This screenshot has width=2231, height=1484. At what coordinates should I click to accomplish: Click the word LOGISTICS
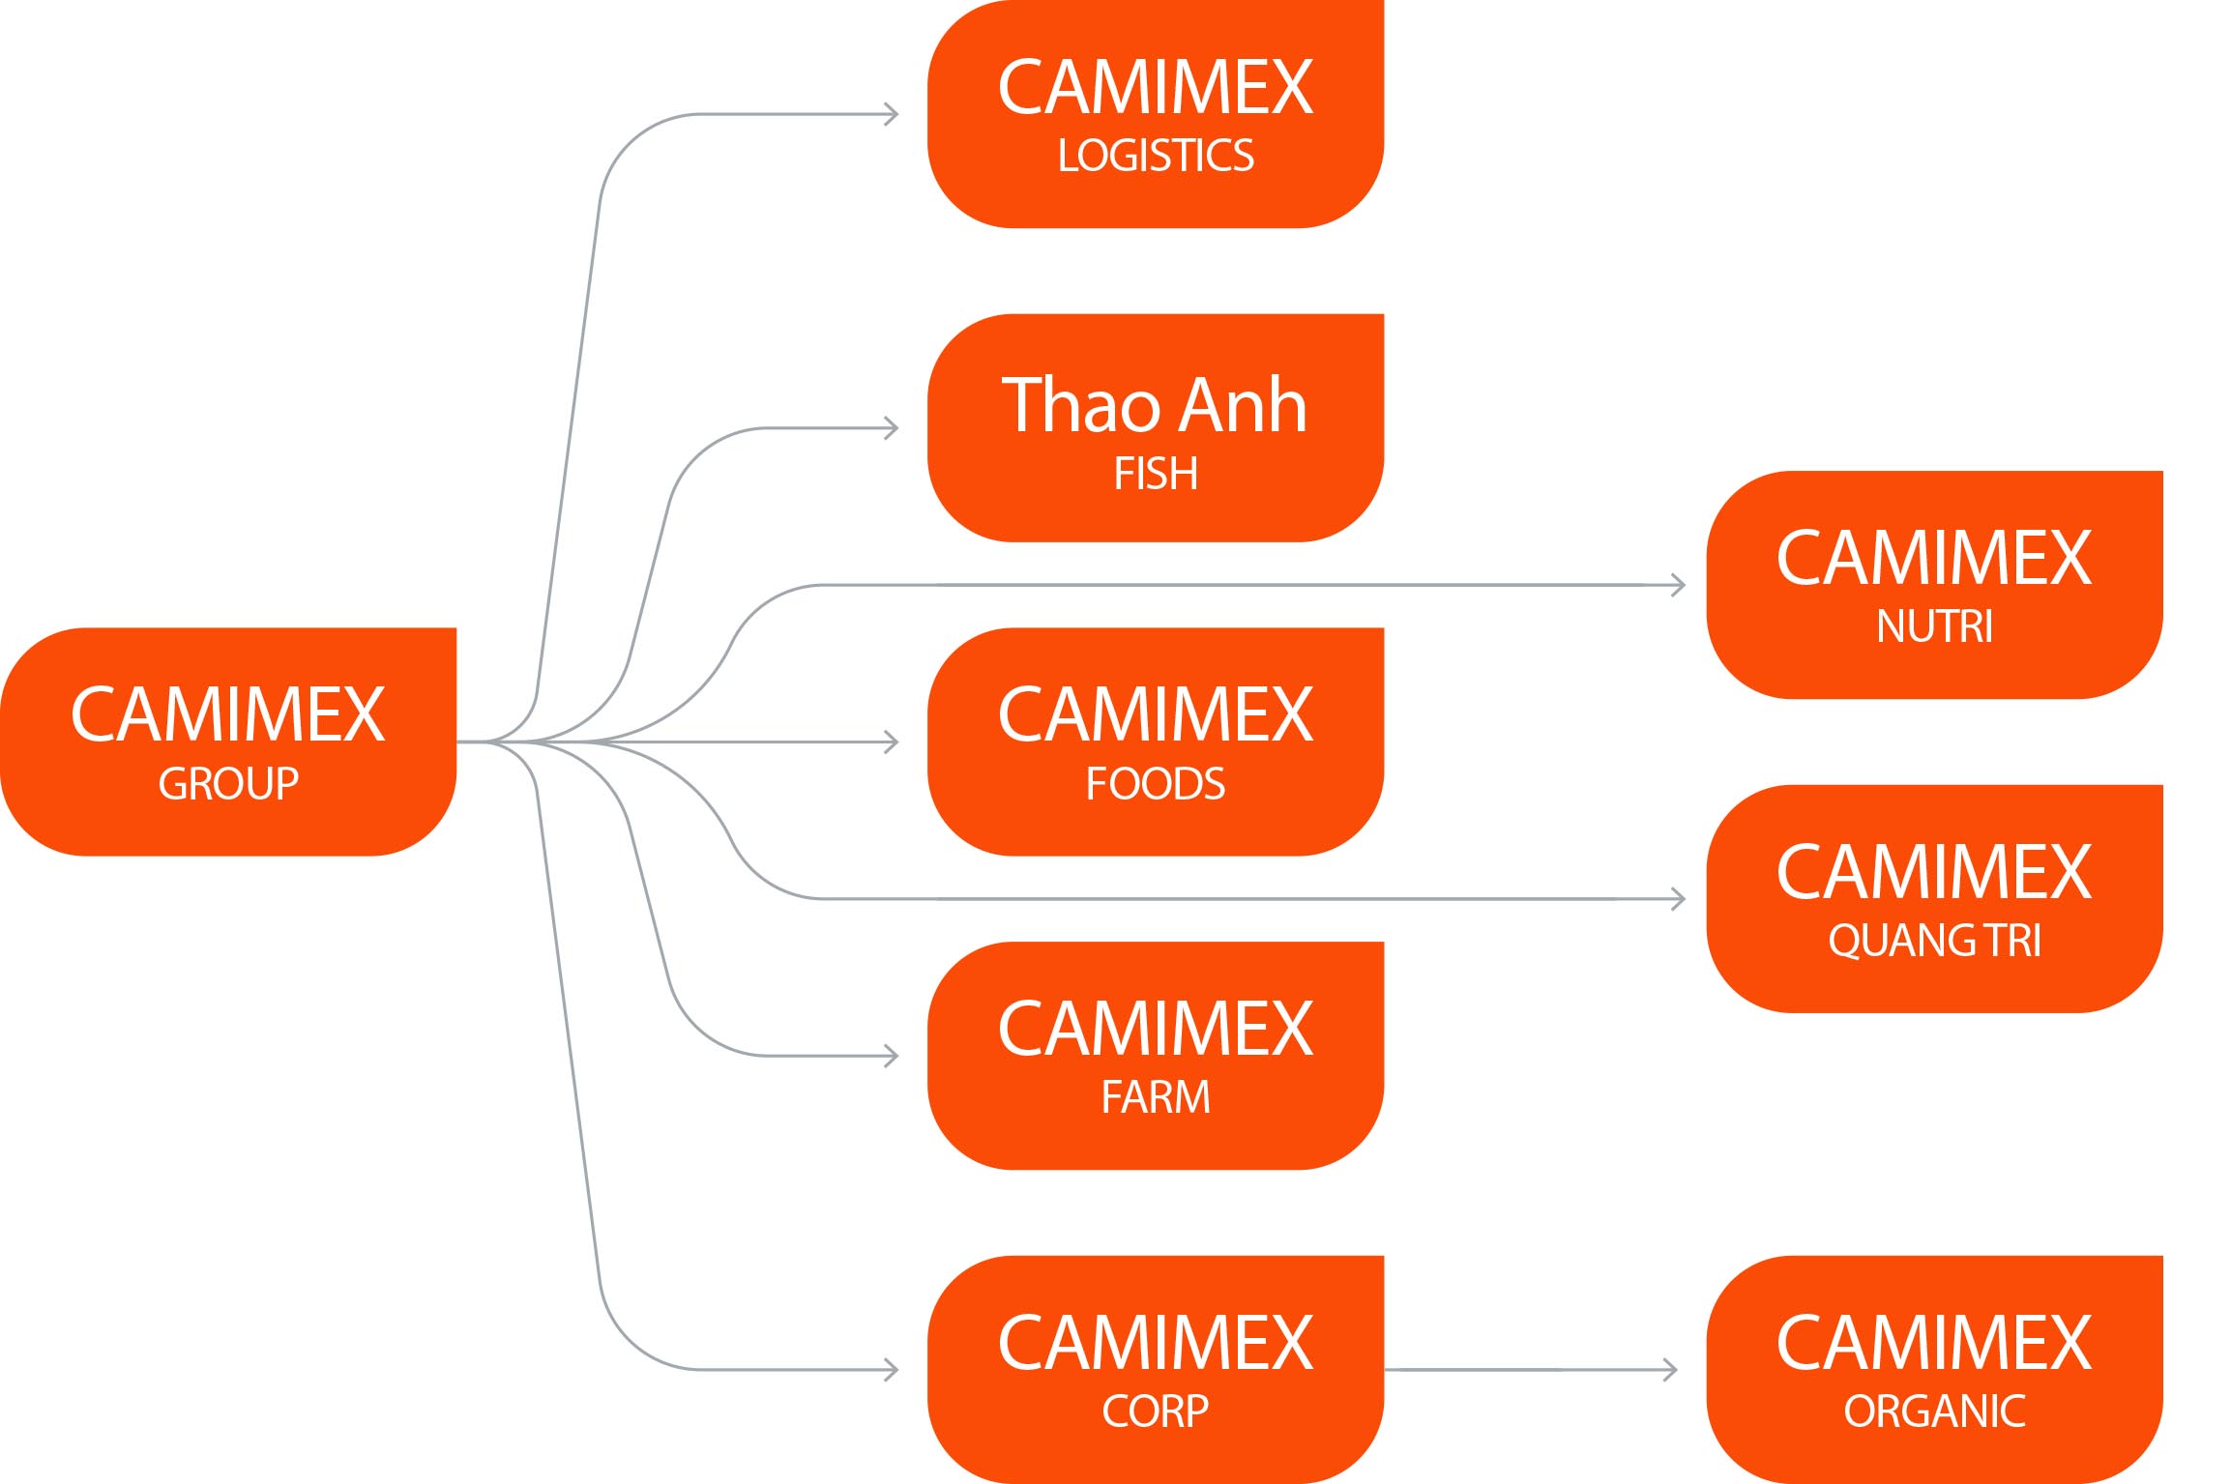1156,156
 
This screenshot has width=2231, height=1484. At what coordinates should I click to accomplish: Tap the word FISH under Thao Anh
1156,474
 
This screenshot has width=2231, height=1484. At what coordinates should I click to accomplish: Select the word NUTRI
1934,626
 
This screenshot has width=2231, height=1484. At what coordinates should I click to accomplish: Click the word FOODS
1156,783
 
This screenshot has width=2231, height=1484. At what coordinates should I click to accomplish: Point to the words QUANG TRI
1934,941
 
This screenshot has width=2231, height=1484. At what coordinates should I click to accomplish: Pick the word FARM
1156,1097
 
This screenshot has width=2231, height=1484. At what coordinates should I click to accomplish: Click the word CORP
1156,1411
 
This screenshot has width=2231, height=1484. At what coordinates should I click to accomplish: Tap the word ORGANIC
1934,1411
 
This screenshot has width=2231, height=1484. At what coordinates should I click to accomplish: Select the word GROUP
228,783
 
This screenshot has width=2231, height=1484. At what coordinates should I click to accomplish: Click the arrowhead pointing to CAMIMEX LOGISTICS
893,114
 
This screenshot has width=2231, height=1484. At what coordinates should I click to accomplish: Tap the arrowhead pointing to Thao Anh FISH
893,428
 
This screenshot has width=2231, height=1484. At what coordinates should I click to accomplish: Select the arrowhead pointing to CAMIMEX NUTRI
1679,585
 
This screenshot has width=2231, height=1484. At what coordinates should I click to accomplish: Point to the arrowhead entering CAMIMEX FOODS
893,742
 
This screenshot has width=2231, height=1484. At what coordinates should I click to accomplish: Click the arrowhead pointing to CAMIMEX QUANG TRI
1679,899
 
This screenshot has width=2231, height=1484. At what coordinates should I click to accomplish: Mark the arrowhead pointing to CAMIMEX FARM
893,1056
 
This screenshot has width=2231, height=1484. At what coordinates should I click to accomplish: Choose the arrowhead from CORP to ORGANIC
1671,1370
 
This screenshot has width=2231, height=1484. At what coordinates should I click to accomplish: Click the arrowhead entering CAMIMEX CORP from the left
893,1370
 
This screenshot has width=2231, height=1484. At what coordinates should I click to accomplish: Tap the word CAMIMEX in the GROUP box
228,715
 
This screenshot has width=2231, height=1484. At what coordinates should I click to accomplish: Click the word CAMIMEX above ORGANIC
1934,1344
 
